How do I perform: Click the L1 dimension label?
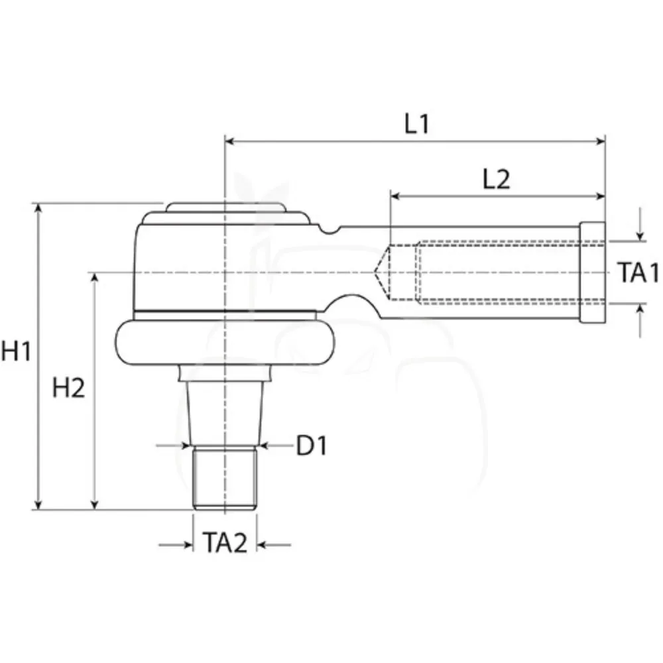417,124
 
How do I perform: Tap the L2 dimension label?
496,179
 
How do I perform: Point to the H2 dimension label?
68,388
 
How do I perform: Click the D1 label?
312,446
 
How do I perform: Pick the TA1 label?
638,272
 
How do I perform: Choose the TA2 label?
225,542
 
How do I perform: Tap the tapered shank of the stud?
225,413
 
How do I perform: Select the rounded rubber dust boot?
226,342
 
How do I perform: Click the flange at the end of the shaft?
592,272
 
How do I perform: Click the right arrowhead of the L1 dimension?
601,141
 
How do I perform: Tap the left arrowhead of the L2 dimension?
395,196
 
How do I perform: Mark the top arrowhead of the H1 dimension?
38,209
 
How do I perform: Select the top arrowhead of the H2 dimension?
95,278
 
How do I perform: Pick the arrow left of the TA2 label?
176,545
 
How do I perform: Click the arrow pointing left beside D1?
275,446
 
